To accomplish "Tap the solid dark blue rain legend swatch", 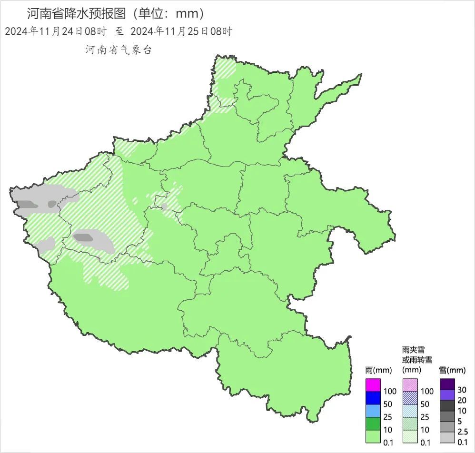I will tap(373, 397).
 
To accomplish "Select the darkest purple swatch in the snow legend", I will tap(447, 384).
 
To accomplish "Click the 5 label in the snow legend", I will tap(460, 422).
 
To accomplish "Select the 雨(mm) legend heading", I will tap(375, 370).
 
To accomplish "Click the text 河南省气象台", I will tap(119, 50).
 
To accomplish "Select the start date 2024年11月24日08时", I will tap(56, 32).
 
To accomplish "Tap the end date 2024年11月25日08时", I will tap(181, 32).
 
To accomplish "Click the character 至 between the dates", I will tap(119, 32).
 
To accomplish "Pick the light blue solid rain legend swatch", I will tap(373, 410).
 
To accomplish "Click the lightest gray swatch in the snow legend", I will tap(447, 437).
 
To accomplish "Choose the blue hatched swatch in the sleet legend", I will tap(410, 397).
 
